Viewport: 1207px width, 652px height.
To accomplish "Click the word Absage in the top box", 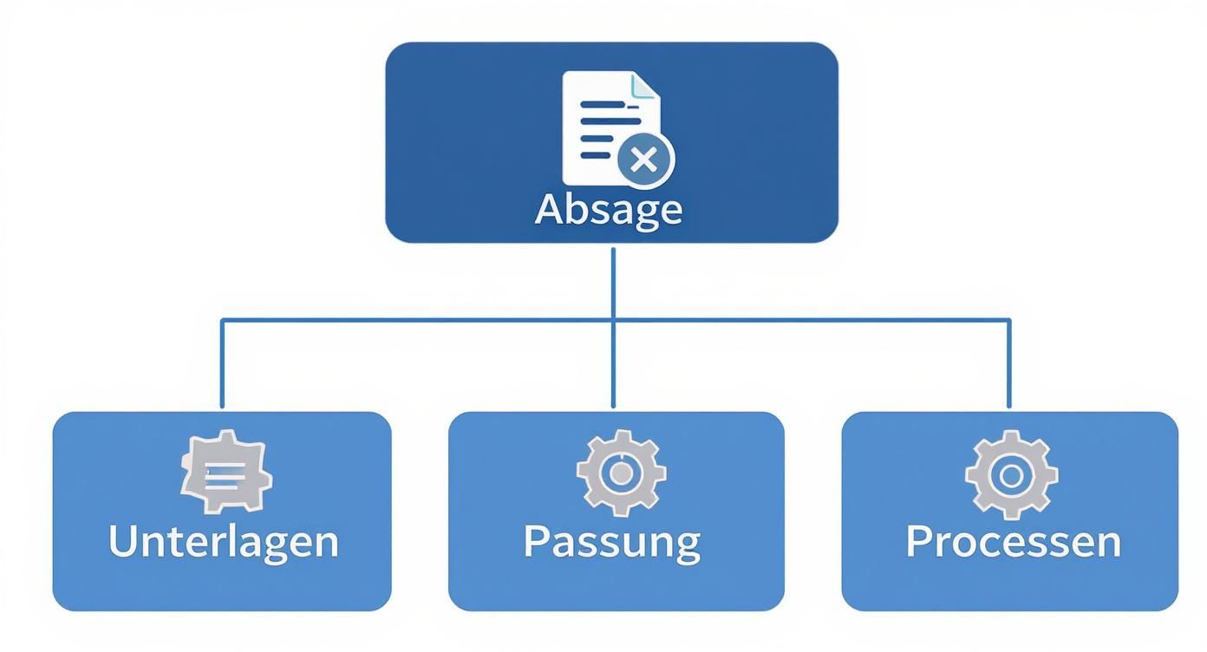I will click(609, 209).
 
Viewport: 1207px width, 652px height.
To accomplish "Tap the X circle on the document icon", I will click(644, 160).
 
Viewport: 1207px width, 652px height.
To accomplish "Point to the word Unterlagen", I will click(223, 541).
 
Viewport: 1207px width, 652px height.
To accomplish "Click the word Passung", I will click(612, 541).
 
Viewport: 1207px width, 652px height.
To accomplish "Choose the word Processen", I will click(1013, 541).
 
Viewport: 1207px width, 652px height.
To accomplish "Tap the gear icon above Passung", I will click(621, 473).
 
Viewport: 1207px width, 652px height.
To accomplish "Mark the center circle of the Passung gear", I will click(621, 473).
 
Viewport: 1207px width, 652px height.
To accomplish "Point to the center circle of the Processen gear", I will click(1011, 475).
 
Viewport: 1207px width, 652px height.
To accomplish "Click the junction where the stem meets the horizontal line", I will click(613, 321).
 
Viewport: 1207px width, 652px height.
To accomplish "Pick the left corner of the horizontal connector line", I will click(222, 321).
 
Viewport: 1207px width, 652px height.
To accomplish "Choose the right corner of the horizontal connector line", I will click(1008, 321).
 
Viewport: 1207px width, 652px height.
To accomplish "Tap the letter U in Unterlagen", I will click(124, 541).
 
